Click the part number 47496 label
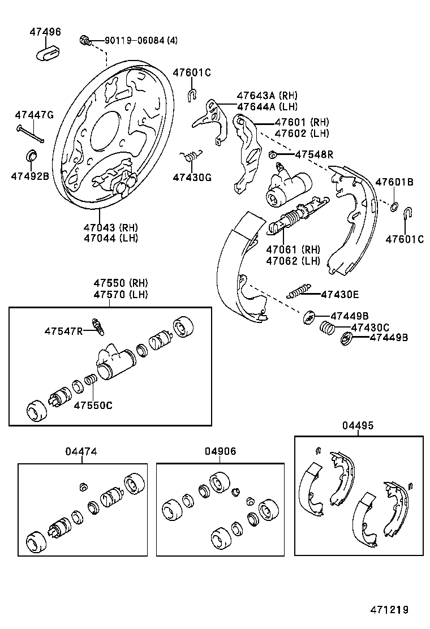point(45,32)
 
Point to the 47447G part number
point(34,115)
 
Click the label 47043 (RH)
point(111,227)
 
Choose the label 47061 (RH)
point(293,249)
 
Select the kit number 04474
point(81,451)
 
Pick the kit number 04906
point(221,451)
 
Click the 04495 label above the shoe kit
point(358,425)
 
